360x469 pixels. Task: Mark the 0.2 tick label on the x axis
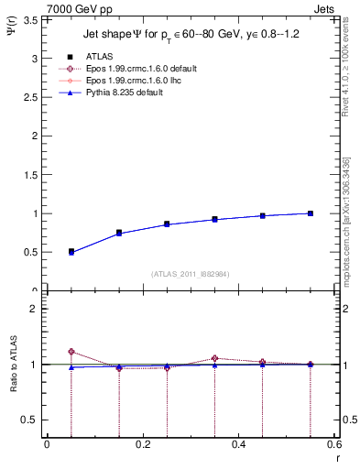tap(142, 444)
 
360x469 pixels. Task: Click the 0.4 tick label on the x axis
tap(238, 444)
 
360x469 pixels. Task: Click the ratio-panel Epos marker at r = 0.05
tap(71, 352)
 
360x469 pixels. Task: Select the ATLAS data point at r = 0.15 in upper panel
tap(119, 233)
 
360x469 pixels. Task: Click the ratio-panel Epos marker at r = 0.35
tap(214, 358)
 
